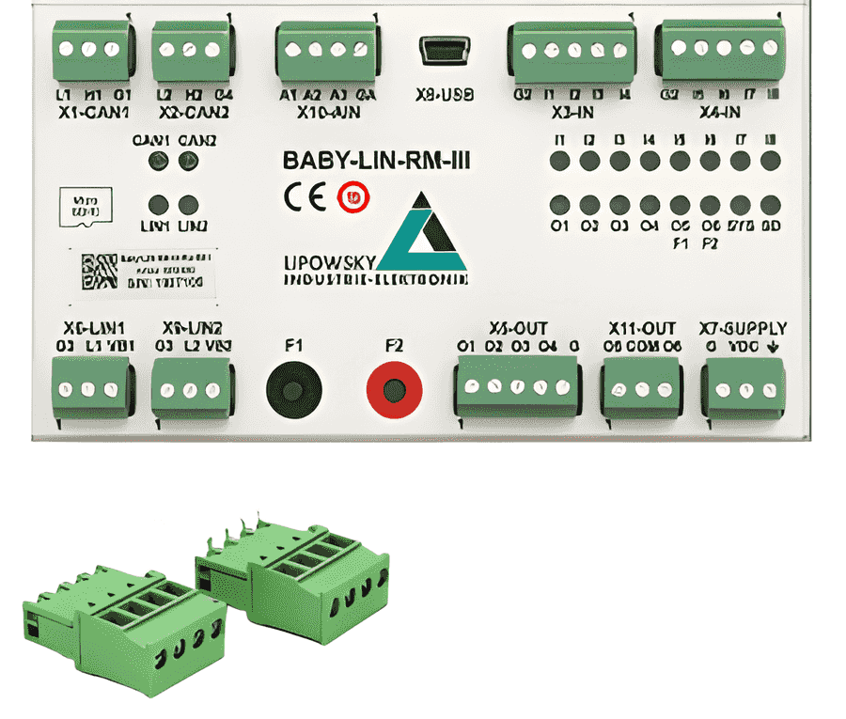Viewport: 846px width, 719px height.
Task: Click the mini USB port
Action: pos(441,50)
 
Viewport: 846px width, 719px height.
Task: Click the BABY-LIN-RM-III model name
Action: pos(376,161)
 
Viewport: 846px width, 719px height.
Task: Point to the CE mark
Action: pos(305,196)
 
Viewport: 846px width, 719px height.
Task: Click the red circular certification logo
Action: pos(354,196)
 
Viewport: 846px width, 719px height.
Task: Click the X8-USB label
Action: pos(444,94)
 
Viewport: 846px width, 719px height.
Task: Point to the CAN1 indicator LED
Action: pos(159,161)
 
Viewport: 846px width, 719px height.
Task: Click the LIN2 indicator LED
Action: pos(189,205)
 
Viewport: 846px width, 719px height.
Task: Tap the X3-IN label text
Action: pos(572,112)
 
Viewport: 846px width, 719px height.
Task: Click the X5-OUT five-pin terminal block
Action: pos(516,388)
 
